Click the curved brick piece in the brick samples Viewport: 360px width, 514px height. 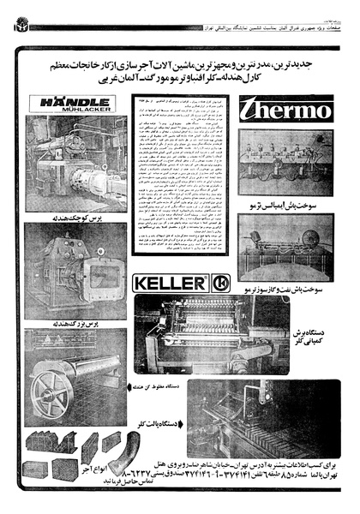tap(120, 453)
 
